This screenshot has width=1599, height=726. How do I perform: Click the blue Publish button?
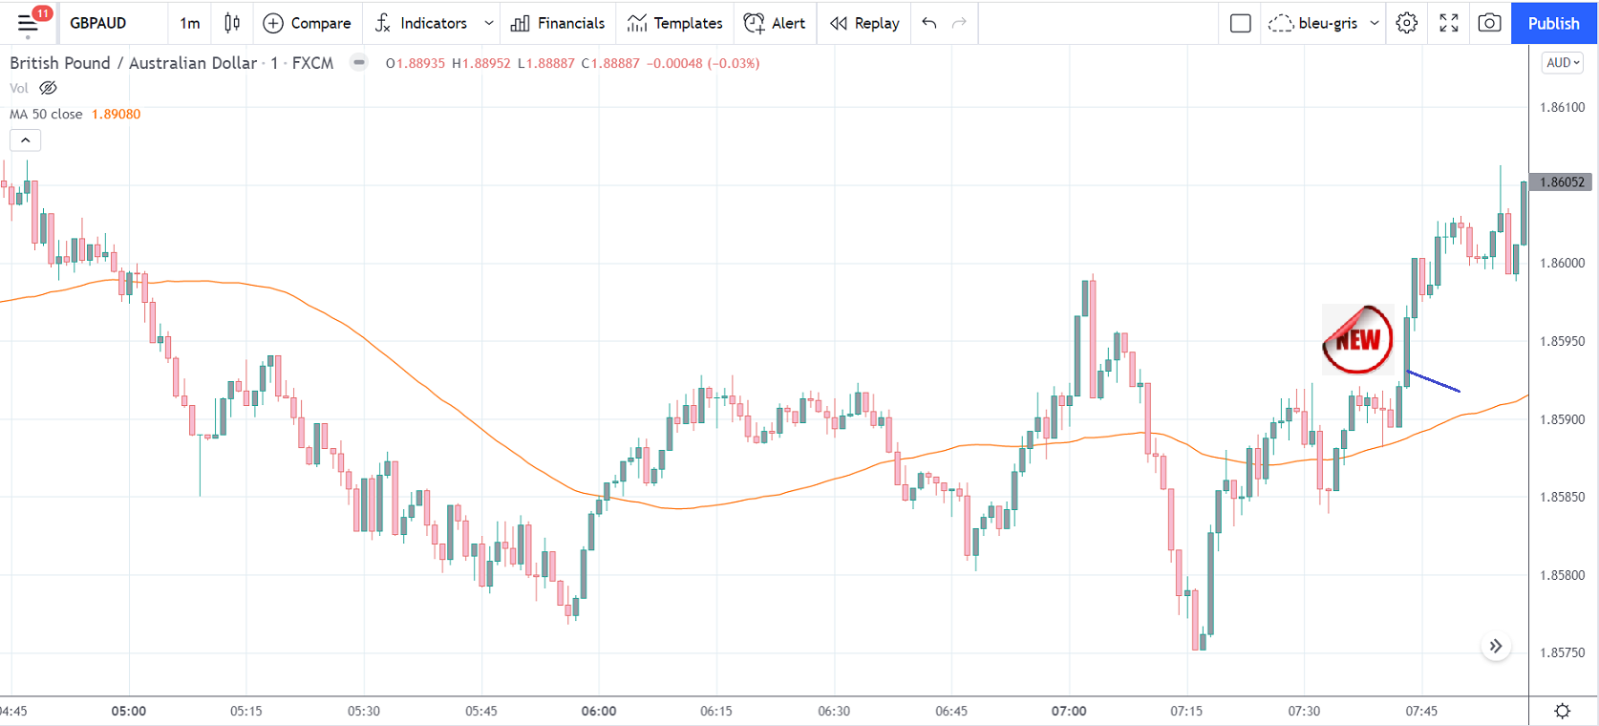[1553, 23]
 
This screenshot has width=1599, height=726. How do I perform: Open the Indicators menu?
[422, 23]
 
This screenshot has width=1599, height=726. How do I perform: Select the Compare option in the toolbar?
[307, 23]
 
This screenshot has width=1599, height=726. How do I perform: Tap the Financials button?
[558, 23]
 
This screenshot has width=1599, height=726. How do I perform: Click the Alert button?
[775, 23]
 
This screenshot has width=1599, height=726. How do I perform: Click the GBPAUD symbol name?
[98, 23]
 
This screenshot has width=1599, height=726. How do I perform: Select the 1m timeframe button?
[190, 23]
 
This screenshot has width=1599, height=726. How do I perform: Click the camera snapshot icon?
[1489, 23]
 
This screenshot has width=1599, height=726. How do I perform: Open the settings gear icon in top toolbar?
[1406, 23]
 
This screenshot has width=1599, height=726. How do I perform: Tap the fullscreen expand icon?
[1449, 23]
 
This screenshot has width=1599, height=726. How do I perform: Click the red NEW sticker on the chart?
[1357, 340]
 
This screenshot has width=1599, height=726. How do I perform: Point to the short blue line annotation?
[1433, 381]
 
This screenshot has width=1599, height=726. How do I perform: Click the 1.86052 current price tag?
[1562, 181]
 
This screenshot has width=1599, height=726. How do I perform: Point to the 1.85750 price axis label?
[1562, 652]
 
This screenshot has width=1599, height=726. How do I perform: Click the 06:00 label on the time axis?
[599, 711]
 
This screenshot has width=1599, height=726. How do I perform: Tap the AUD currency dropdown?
[1563, 63]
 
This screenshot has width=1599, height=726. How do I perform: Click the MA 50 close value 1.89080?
[116, 114]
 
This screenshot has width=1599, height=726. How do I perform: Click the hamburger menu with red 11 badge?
[28, 23]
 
